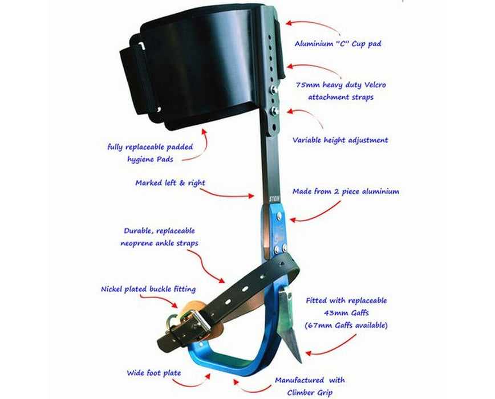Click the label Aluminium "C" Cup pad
338,43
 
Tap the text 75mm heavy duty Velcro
341,85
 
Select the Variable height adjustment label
340,140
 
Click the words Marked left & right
170,183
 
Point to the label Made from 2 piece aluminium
346,192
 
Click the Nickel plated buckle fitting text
148,289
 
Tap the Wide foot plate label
154,373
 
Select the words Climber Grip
310,393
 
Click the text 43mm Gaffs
346,313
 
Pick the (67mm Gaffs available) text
346,325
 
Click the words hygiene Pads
151,159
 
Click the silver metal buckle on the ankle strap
197,321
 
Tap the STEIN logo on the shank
274,199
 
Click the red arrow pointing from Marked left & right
226,194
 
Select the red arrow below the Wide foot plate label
192,383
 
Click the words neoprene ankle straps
160,243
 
